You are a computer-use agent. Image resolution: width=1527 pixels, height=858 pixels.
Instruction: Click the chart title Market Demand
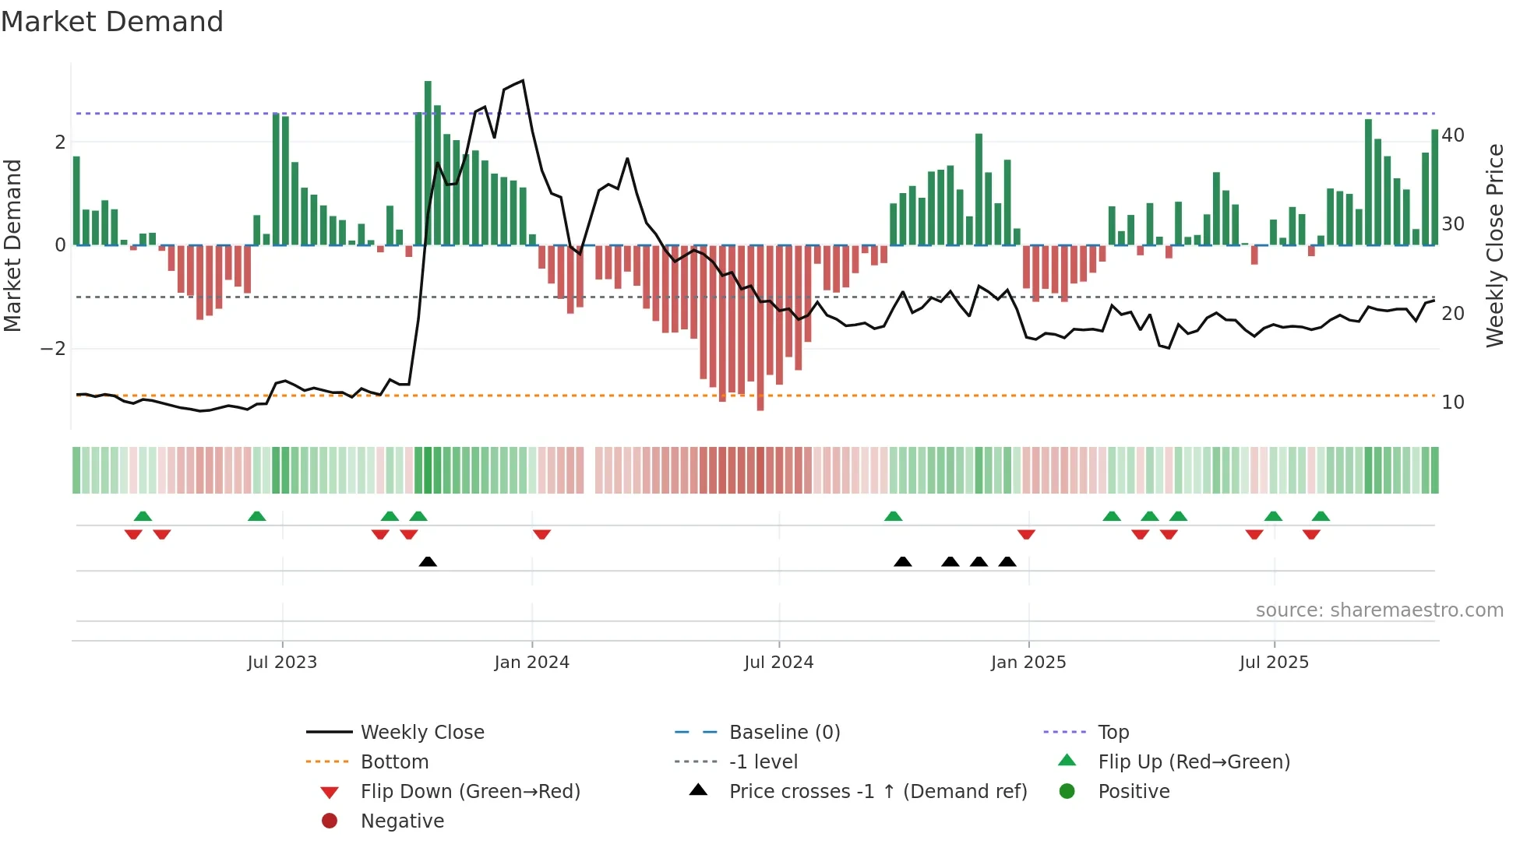tap(112, 22)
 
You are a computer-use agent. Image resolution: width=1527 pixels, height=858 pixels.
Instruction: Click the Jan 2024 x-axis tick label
tap(531, 663)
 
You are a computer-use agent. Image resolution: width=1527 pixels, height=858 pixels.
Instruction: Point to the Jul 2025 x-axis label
tap(1274, 663)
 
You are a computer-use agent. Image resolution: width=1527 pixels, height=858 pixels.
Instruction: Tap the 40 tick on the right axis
tap(1452, 135)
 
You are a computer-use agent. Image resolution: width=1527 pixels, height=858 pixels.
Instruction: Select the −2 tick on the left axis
tap(53, 349)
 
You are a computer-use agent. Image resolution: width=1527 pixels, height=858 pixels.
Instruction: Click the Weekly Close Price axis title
tap(1494, 245)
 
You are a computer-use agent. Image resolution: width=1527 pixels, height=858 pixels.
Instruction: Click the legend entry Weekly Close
tap(421, 733)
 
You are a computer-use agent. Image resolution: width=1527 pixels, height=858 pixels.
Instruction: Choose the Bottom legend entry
tap(394, 762)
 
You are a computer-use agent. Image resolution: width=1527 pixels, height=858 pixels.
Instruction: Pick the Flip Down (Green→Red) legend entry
tap(470, 792)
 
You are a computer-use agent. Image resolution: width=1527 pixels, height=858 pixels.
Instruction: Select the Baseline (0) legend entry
tap(784, 733)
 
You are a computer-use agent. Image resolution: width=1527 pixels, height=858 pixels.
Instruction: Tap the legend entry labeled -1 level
tap(763, 762)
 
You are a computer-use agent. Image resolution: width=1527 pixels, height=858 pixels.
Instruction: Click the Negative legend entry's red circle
tap(330, 821)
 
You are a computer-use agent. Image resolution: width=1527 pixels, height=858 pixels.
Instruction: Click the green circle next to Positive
tap(1067, 792)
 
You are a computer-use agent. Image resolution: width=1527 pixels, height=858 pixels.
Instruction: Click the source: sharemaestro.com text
tap(1379, 610)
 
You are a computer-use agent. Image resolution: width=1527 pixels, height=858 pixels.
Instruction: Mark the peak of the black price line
tap(523, 80)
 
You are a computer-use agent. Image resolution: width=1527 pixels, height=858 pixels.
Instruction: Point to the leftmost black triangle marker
tap(428, 561)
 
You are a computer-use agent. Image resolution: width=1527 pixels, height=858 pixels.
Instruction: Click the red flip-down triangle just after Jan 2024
tap(542, 534)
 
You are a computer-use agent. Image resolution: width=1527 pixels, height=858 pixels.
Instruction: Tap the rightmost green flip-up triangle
tap(1321, 516)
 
